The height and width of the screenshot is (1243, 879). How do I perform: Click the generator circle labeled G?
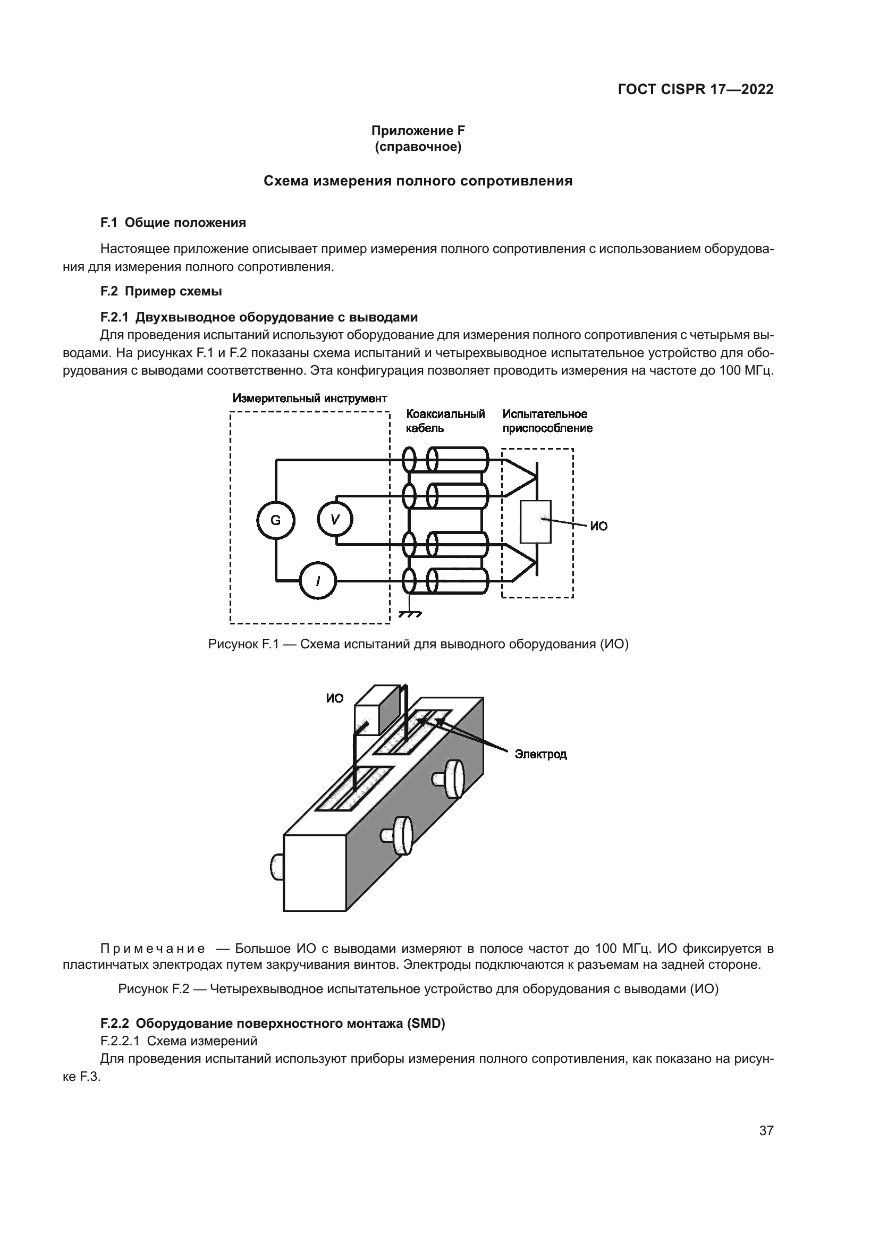tap(275, 520)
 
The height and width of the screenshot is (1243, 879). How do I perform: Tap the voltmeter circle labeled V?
tap(335, 520)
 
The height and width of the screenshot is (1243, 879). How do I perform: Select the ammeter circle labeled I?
tap(318, 581)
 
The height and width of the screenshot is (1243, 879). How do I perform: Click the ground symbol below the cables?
tap(410, 614)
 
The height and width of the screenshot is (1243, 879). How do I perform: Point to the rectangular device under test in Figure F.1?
tap(535, 521)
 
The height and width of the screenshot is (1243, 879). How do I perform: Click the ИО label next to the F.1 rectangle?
tap(598, 526)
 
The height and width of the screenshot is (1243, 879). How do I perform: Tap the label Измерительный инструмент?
tap(310, 399)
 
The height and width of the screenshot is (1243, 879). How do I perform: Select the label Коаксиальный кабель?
tap(445, 421)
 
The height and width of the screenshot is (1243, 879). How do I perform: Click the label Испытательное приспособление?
tap(547, 421)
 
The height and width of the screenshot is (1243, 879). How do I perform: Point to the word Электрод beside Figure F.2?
tap(540, 754)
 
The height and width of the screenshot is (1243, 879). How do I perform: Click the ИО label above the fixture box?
tap(334, 698)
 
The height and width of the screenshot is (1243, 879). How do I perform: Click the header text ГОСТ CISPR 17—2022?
tap(695, 90)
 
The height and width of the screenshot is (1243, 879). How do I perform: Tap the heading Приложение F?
tap(418, 131)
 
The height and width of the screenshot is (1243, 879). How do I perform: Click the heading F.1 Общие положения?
tap(173, 223)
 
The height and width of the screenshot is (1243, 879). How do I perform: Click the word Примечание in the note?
tap(153, 949)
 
